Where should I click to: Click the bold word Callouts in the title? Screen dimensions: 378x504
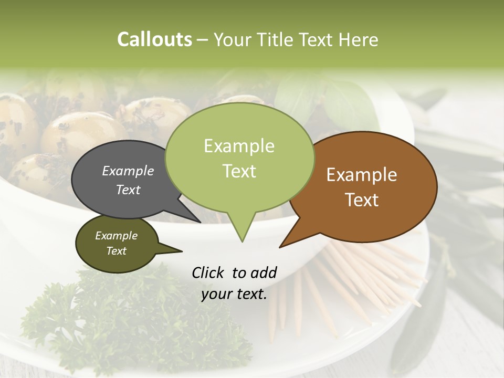[154, 39]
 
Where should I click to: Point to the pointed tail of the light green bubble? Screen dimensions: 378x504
[242, 231]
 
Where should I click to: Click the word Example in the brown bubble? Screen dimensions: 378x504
[362, 175]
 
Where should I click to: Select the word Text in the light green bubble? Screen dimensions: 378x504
[239, 171]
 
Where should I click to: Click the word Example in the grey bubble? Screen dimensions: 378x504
[128, 171]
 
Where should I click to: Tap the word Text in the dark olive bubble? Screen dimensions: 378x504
[117, 251]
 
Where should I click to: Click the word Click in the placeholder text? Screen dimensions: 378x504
[209, 272]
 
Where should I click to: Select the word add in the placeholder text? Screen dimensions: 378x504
[264, 272]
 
